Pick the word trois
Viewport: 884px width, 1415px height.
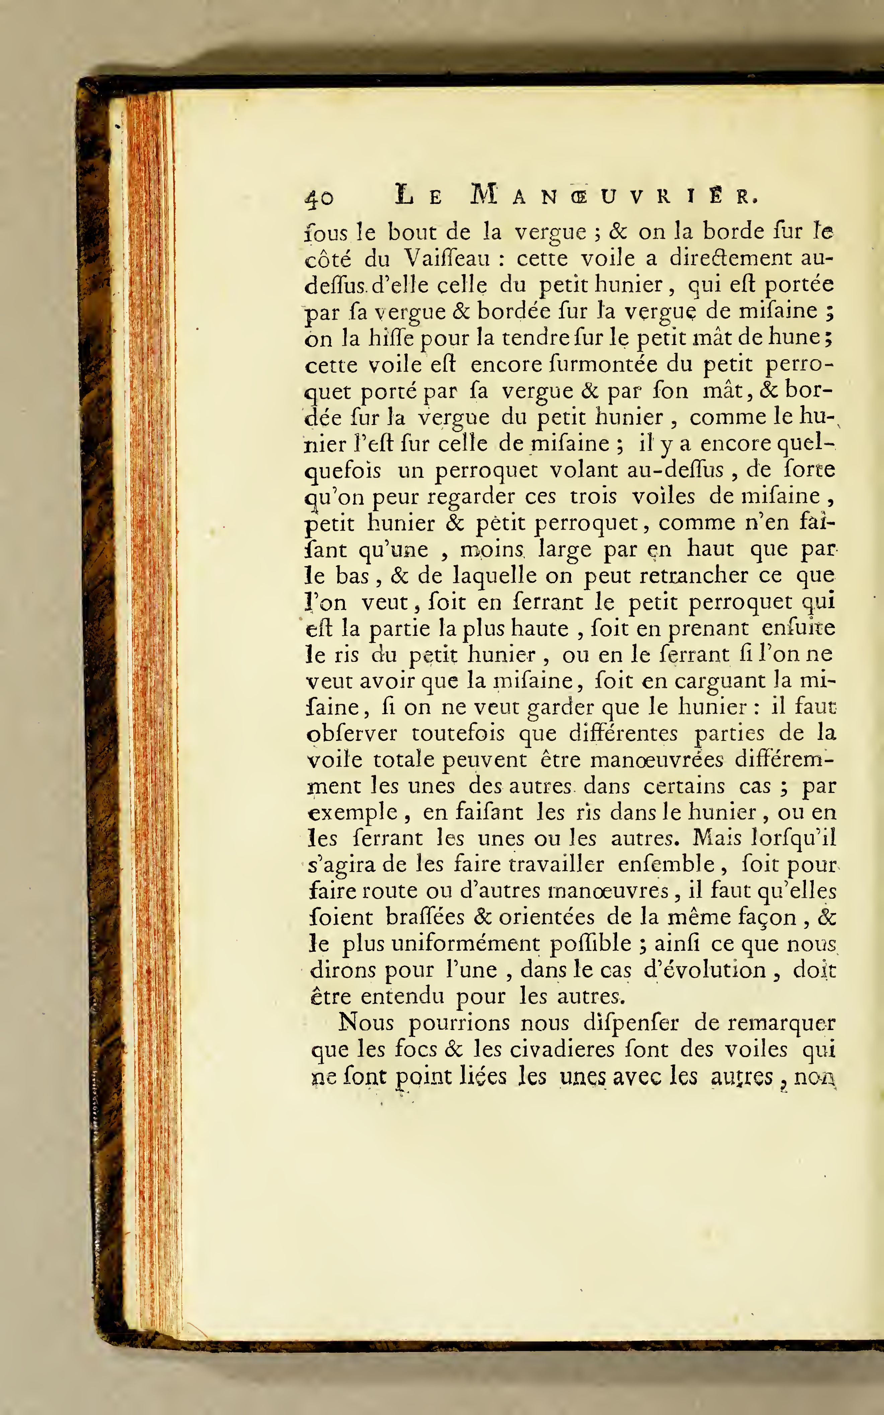(593, 496)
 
